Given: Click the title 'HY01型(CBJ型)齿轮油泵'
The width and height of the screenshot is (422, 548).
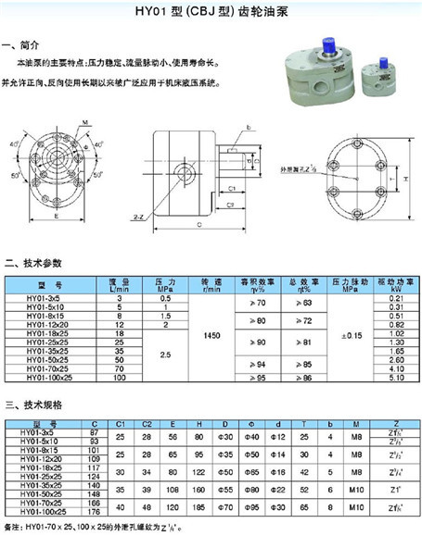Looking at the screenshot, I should [211, 12].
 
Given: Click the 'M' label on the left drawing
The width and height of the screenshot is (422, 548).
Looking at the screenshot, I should [84, 123].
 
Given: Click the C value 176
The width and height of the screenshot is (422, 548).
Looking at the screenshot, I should [92, 511].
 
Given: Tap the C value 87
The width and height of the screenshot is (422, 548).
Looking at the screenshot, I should [92, 432].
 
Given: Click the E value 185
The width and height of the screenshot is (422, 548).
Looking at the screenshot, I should [197, 507].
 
